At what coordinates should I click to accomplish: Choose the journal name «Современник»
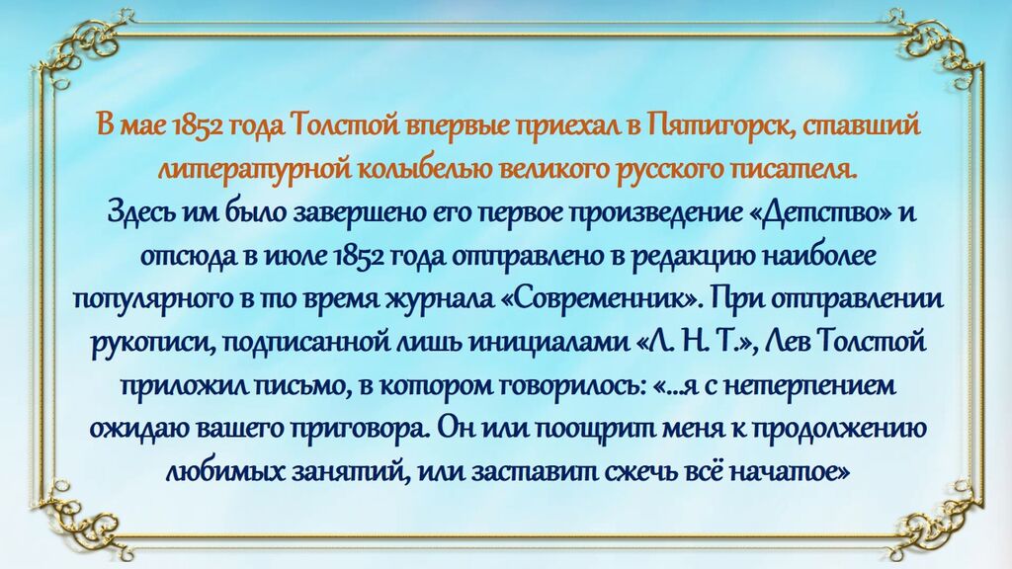tap(601, 299)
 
